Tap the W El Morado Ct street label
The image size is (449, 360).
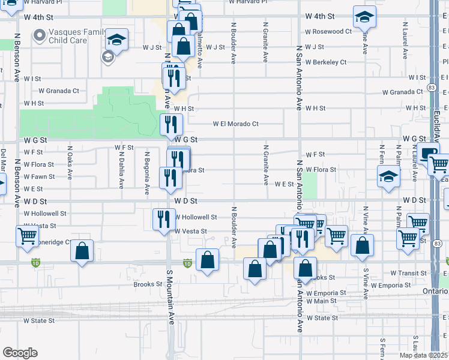pos(235,124)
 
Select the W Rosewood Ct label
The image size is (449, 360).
pos(328,31)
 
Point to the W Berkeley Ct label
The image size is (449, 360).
pos(325,62)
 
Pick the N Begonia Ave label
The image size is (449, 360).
pos(147,173)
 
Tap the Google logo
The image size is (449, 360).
pos(20,352)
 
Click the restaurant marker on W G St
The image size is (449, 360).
pos(171,124)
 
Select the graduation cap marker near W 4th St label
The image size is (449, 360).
pos(364,18)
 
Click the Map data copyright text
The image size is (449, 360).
pos(423,355)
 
